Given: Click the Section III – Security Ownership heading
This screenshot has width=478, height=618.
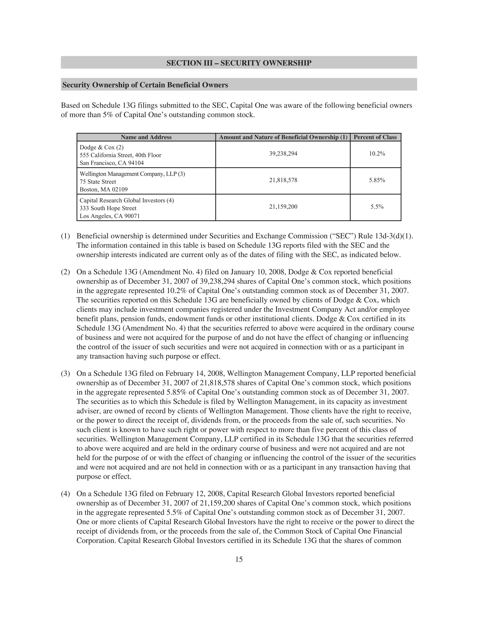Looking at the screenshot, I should (x=239, y=63).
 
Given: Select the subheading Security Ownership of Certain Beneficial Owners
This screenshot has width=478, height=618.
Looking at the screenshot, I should (x=145, y=85).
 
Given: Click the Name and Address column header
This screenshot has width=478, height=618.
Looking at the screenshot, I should (x=146, y=137).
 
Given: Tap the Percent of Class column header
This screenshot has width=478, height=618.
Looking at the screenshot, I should (x=375, y=137).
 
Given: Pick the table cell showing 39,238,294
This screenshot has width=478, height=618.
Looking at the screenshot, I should (x=283, y=154).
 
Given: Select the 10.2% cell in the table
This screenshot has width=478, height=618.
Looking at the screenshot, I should (x=377, y=154).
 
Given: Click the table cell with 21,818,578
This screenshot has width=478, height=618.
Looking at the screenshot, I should (x=283, y=180).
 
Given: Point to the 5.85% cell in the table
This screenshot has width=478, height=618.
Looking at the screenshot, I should (x=377, y=180).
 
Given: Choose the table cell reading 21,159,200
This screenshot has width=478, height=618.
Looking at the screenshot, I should (x=283, y=207).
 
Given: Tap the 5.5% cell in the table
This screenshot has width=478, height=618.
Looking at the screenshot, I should (x=377, y=207).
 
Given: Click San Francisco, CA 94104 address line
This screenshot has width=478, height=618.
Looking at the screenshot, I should (x=112, y=163).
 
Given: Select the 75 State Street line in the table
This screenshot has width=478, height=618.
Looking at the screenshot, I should (x=98, y=182).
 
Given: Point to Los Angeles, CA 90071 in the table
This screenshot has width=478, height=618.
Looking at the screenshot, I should (x=110, y=216).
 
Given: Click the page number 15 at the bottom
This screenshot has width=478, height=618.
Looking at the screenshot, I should (x=239, y=559).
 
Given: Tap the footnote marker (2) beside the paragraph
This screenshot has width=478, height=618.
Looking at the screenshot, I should (x=65, y=272).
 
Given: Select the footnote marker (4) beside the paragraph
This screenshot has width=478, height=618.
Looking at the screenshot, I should (x=65, y=494).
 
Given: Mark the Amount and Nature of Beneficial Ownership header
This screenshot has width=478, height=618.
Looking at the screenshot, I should (x=283, y=137).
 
